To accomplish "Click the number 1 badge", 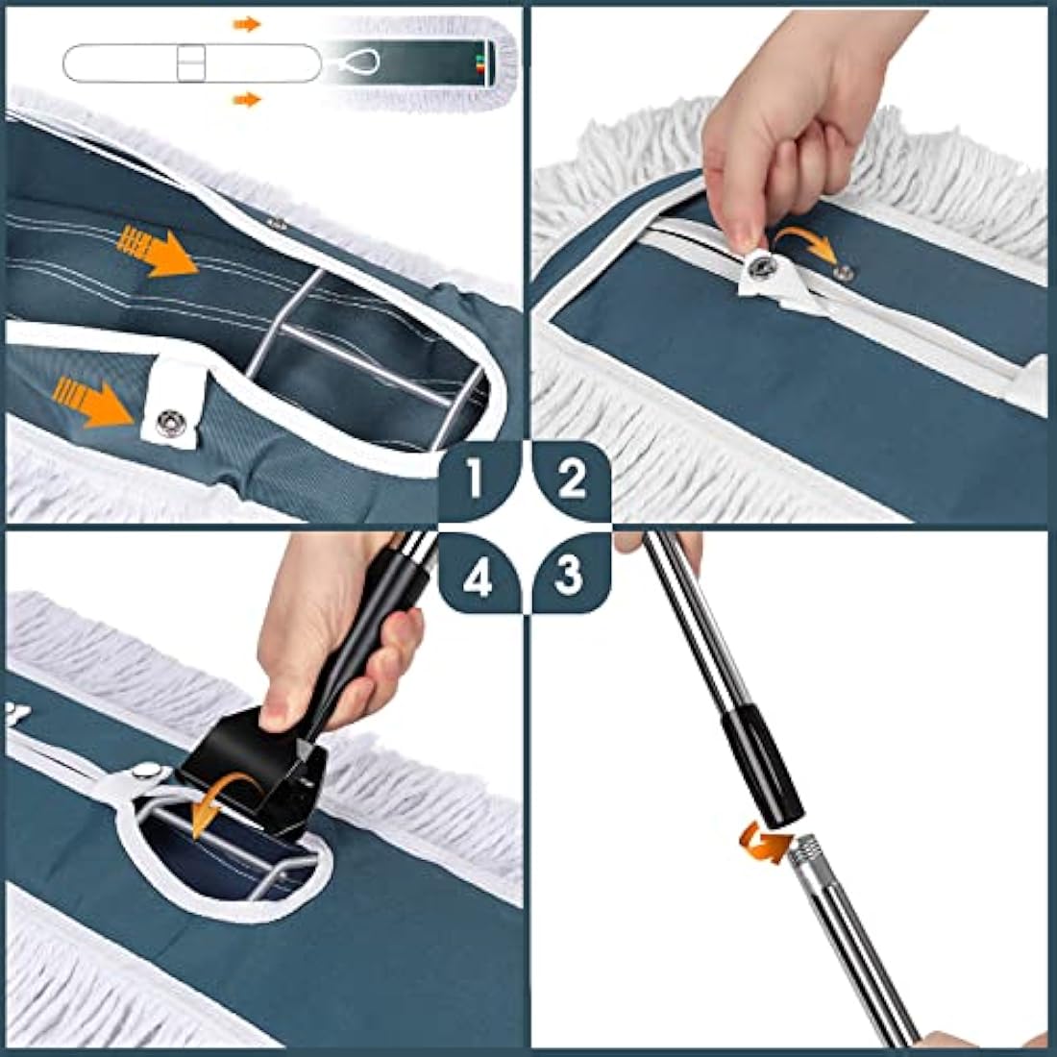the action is pos(479,479).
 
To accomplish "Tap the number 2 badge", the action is pos(573,479).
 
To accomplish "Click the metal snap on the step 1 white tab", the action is pos(168,423).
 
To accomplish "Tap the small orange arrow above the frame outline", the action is pos(247,25).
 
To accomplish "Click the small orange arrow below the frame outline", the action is pos(247,101).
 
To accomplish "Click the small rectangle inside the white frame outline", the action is pos(191,62).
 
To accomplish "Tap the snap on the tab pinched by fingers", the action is pos(762,267).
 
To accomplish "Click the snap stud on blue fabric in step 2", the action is pos(844,272).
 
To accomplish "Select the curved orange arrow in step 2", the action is pos(805,243).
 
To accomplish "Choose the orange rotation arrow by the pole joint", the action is pos(765,845).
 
